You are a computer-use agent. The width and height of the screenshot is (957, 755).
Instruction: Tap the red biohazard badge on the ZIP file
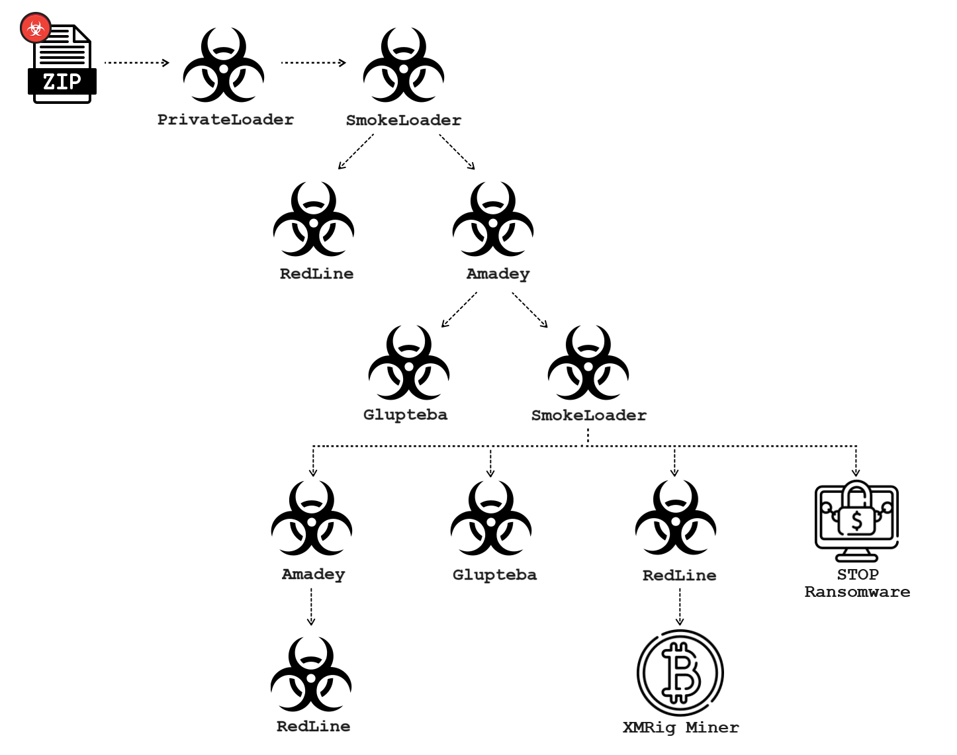[36, 28]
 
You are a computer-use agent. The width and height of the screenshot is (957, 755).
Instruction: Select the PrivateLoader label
[225, 120]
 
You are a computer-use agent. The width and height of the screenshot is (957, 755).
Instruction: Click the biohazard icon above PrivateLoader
[224, 66]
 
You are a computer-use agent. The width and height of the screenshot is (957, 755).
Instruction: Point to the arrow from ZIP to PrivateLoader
[137, 63]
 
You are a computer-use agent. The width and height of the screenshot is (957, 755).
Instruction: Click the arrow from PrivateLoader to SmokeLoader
[313, 63]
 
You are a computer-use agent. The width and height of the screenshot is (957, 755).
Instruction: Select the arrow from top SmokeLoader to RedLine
[356, 152]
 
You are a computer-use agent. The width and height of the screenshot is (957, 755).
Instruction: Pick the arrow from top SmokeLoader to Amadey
[457, 152]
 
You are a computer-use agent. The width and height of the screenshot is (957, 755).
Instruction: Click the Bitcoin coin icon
[680, 673]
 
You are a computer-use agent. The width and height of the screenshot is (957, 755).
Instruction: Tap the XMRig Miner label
[680, 728]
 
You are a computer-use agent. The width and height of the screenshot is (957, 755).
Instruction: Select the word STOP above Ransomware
[858, 574]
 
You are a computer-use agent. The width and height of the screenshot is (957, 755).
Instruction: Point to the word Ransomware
[857, 592]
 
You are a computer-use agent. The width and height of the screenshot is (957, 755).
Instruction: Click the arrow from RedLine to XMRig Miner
[680, 606]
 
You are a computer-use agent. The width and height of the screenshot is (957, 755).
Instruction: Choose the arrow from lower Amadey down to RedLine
[311, 606]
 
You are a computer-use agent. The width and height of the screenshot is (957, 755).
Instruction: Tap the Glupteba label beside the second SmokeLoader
[405, 415]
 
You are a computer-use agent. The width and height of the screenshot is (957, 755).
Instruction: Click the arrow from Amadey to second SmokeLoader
[530, 310]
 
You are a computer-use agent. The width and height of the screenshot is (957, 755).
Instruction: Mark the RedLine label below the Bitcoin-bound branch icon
[679, 576]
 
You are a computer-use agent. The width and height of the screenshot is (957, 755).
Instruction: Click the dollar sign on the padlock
[857, 521]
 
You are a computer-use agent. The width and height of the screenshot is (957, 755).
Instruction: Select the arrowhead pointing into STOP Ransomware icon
[856, 472]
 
